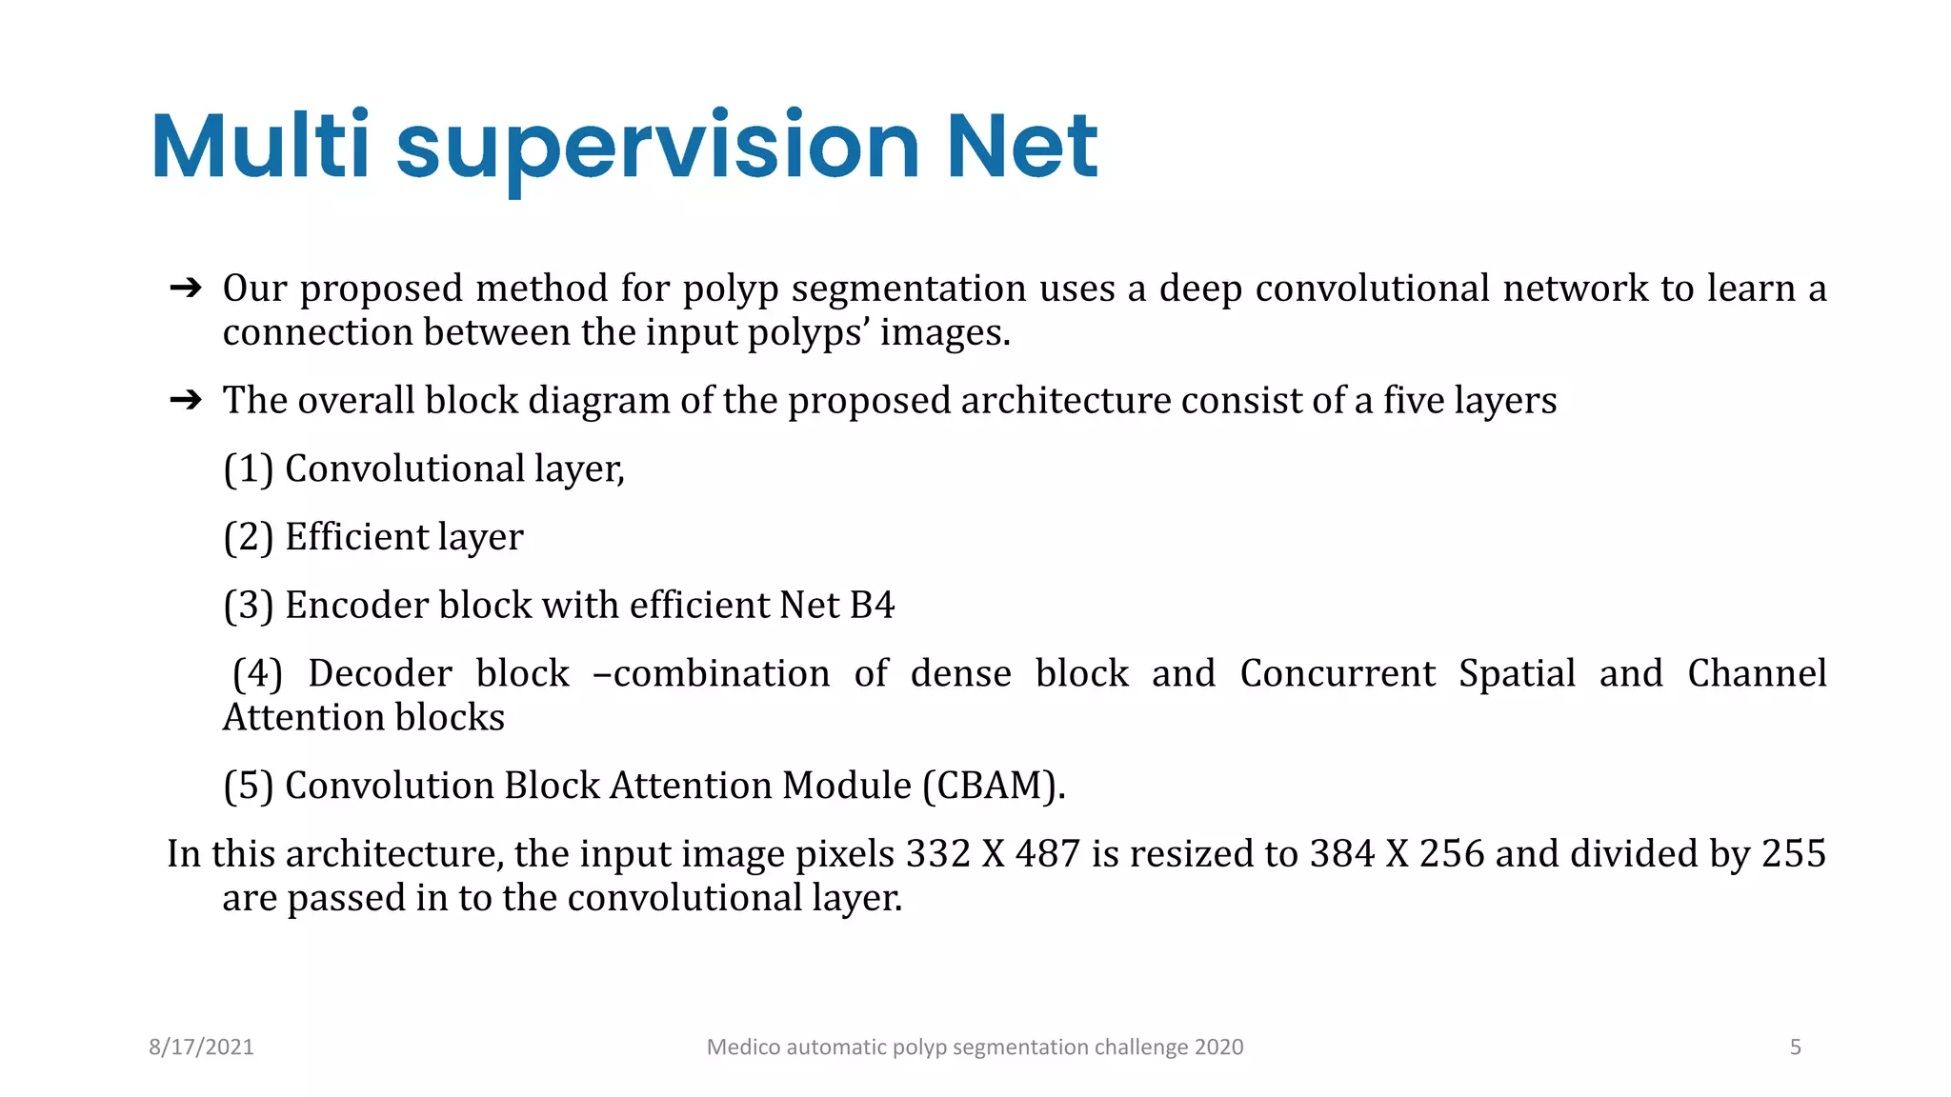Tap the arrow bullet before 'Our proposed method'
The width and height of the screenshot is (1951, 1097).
(186, 288)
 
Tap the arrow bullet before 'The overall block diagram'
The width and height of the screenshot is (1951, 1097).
(186, 400)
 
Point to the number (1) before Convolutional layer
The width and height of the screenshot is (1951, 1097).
(249, 469)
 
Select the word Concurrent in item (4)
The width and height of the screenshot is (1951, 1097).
(1337, 673)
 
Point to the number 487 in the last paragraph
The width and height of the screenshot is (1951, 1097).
(1047, 854)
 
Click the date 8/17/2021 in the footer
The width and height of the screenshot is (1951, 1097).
(201, 1047)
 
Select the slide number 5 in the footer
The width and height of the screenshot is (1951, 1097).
(1795, 1047)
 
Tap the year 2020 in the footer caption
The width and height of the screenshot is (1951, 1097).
(1218, 1047)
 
